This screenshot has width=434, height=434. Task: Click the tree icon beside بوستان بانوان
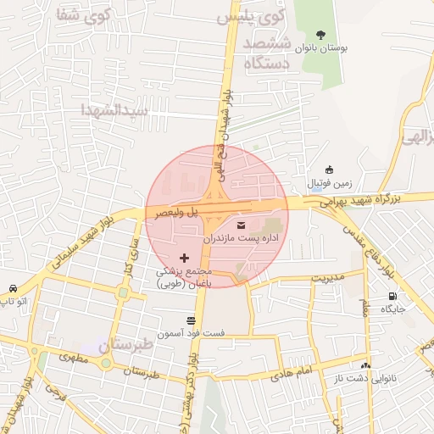coord(320,35)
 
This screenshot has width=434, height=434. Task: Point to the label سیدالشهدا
coord(114,109)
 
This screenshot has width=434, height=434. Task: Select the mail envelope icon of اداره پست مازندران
coord(242,225)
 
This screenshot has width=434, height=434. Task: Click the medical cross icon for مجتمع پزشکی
coord(184,257)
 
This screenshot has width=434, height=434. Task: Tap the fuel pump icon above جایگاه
coord(392,296)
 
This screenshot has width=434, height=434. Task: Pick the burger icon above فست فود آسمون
coord(191,320)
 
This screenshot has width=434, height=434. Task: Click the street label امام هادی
coord(295,371)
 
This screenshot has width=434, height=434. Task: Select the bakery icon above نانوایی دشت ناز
coord(366,365)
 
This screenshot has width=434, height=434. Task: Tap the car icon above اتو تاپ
coord(13,288)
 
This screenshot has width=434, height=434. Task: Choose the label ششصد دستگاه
coord(268,53)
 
